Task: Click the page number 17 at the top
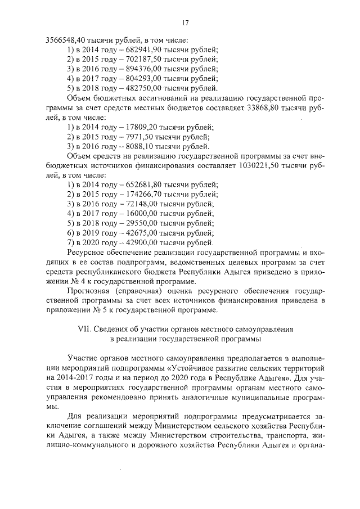tap(184, 23)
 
